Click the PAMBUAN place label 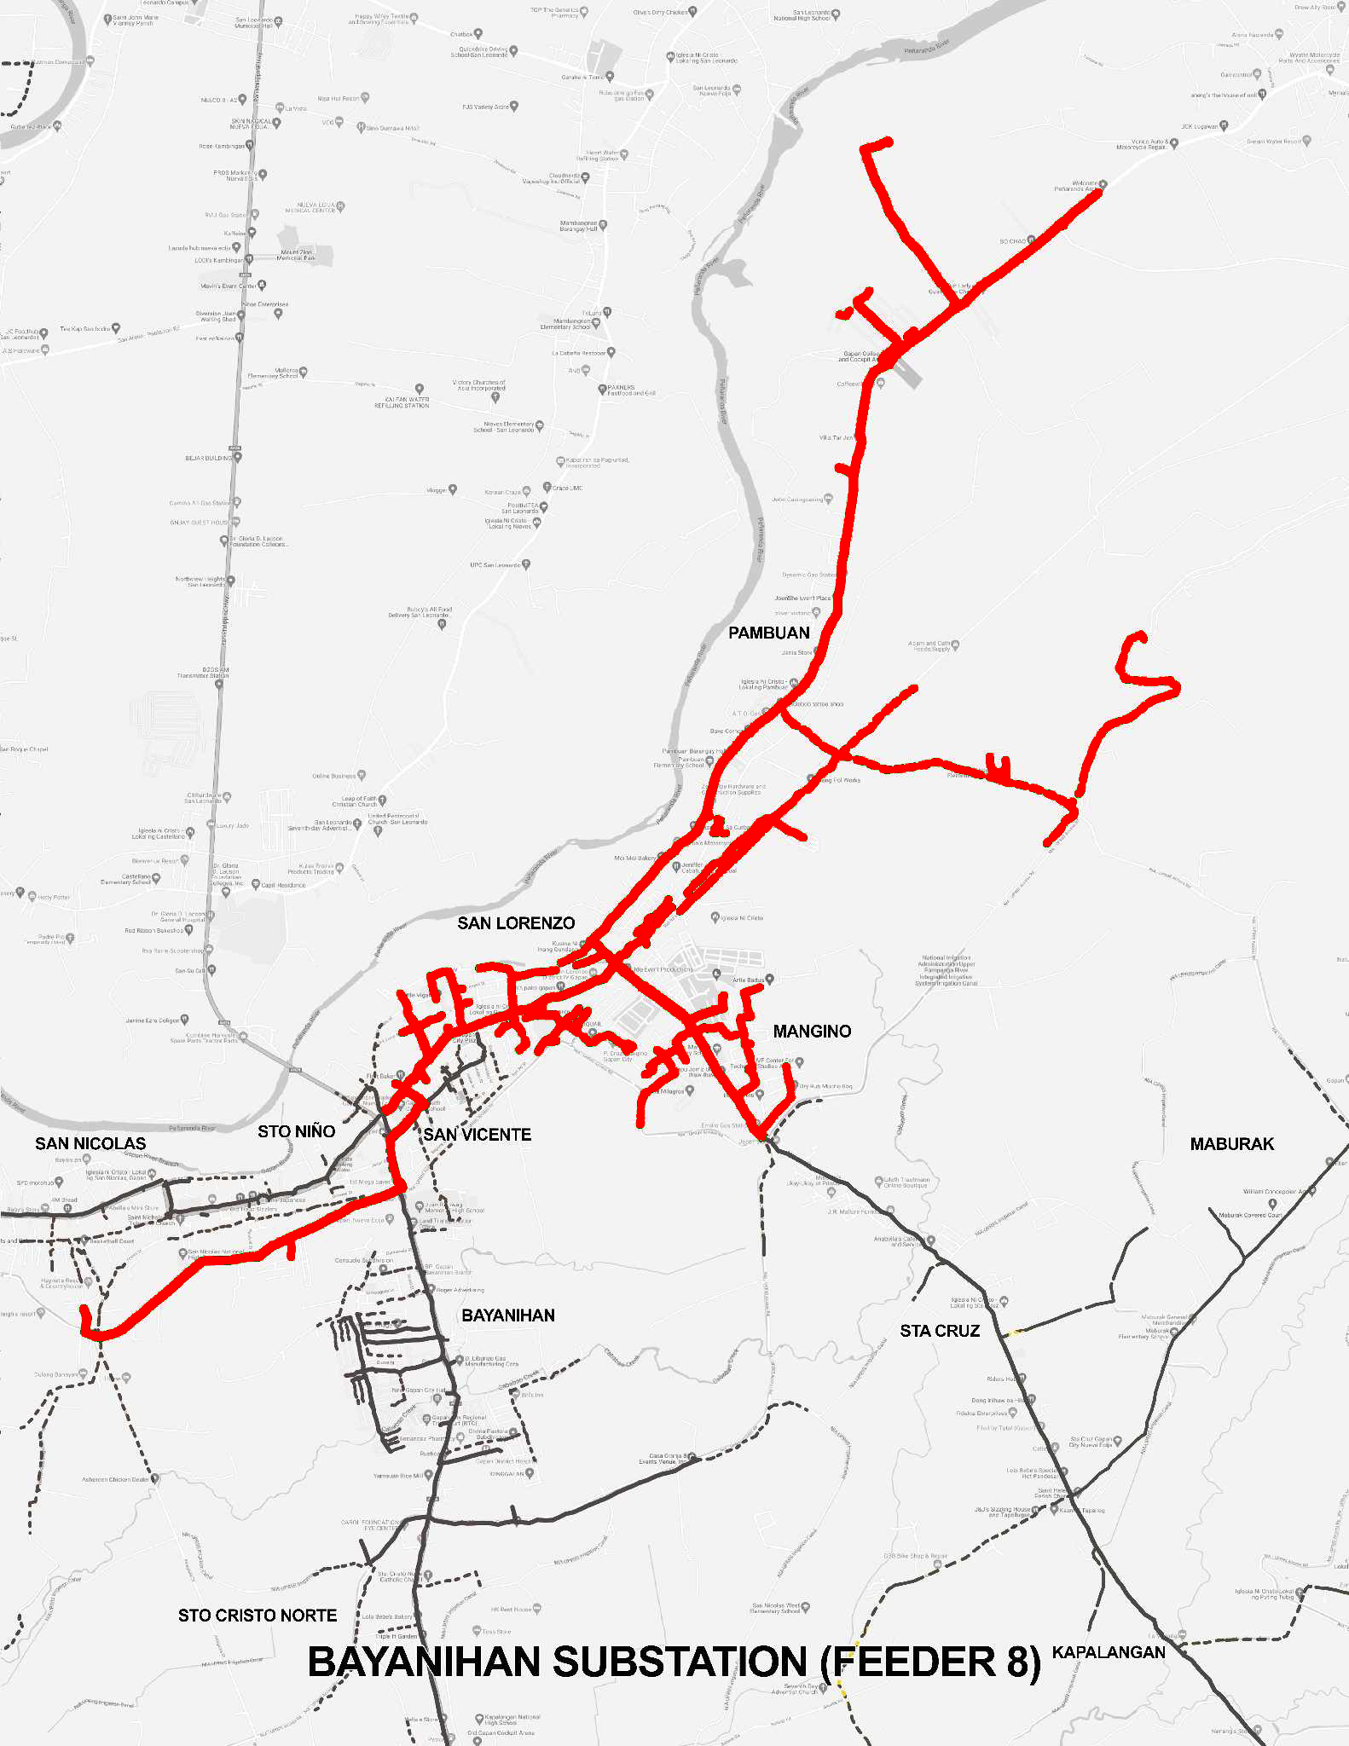pyautogui.click(x=768, y=633)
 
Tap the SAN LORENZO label pyautogui.click(x=516, y=923)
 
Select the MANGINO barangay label pyautogui.click(x=812, y=1032)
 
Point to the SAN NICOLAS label pyautogui.click(x=90, y=1144)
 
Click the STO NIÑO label pyautogui.click(x=296, y=1131)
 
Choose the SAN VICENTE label pyautogui.click(x=478, y=1135)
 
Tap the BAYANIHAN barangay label pyautogui.click(x=508, y=1315)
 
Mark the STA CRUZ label pyautogui.click(x=940, y=1331)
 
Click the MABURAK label pyautogui.click(x=1231, y=1144)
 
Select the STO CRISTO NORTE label pyautogui.click(x=258, y=1616)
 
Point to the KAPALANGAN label pyautogui.click(x=1109, y=1652)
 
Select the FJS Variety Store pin pyautogui.click(x=514, y=107)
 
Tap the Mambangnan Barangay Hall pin pyautogui.click(x=604, y=225)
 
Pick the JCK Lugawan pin pyautogui.click(x=1224, y=126)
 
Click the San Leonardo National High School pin pyautogui.click(x=837, y=14)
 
